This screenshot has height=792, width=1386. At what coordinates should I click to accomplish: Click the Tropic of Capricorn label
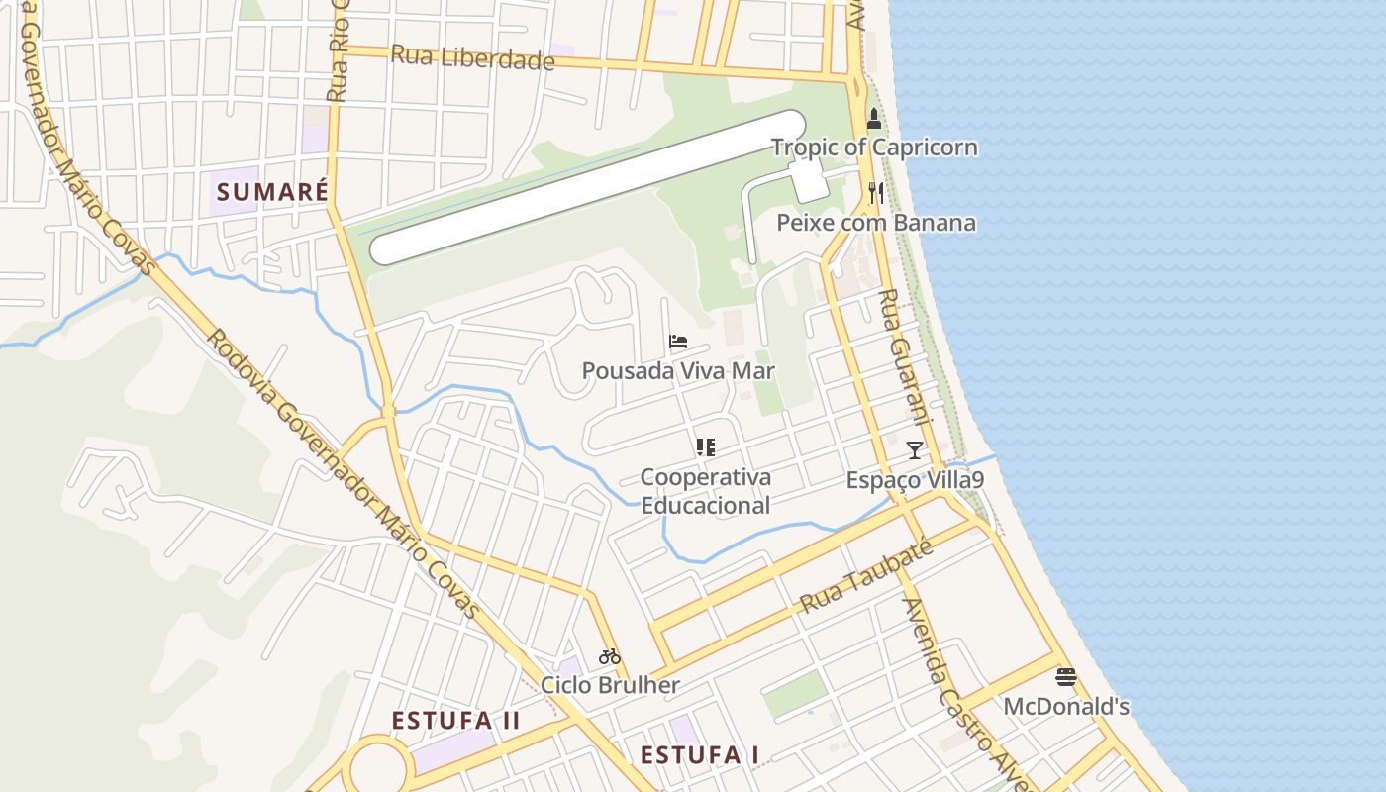pyautogui.click(x=874, y=148)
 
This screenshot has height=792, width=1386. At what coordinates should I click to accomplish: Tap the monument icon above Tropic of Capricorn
pyautogui.click(x=873, y=119)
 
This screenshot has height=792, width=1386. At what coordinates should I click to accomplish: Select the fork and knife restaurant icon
pyautogui.click(x=875, y=192)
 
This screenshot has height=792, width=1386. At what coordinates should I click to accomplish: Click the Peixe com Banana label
pyautogui.click(x=876, y=222)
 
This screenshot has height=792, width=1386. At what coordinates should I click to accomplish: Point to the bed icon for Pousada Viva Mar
pyautogui.click(x=678, y=343)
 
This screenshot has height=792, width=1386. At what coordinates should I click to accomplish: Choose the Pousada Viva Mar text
pyautogui.click(x=678, y=371)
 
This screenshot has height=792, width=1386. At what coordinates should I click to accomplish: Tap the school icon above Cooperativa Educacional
pyautogui.click(x=705, y=447)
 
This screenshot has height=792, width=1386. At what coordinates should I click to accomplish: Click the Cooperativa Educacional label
pyautogui.click(x=705, y=491)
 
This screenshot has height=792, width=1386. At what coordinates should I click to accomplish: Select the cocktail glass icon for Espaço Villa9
pyautogui.click(x=915, y=450)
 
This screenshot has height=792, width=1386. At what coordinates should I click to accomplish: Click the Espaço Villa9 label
pyautogui.click(x=915, y=480)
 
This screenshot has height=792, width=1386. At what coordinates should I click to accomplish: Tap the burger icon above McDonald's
pyautogui.click(x=1066, y=677)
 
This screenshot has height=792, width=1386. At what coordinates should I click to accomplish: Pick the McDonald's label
pyautogui.click(x=1066, y=707)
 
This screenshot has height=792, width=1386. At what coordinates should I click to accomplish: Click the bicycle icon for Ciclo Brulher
pyautogui.click(x=610, y=655)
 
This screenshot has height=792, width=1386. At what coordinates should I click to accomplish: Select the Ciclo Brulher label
pyautogui.click(x=610, y=685)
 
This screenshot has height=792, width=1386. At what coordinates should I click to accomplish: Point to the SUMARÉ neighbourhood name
pyautogui.click(x=272, y=191)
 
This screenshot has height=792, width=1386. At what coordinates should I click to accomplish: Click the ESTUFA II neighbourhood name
pyautogui.click(x=455, y=720)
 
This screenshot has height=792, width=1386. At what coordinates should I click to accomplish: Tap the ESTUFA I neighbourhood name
pyautogui.click(x=699, y=755)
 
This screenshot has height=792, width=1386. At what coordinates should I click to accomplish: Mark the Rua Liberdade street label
pyautogui.click(x=472, y=57)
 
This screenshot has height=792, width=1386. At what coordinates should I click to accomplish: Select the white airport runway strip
pyautogui.click(x=588, y=187)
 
